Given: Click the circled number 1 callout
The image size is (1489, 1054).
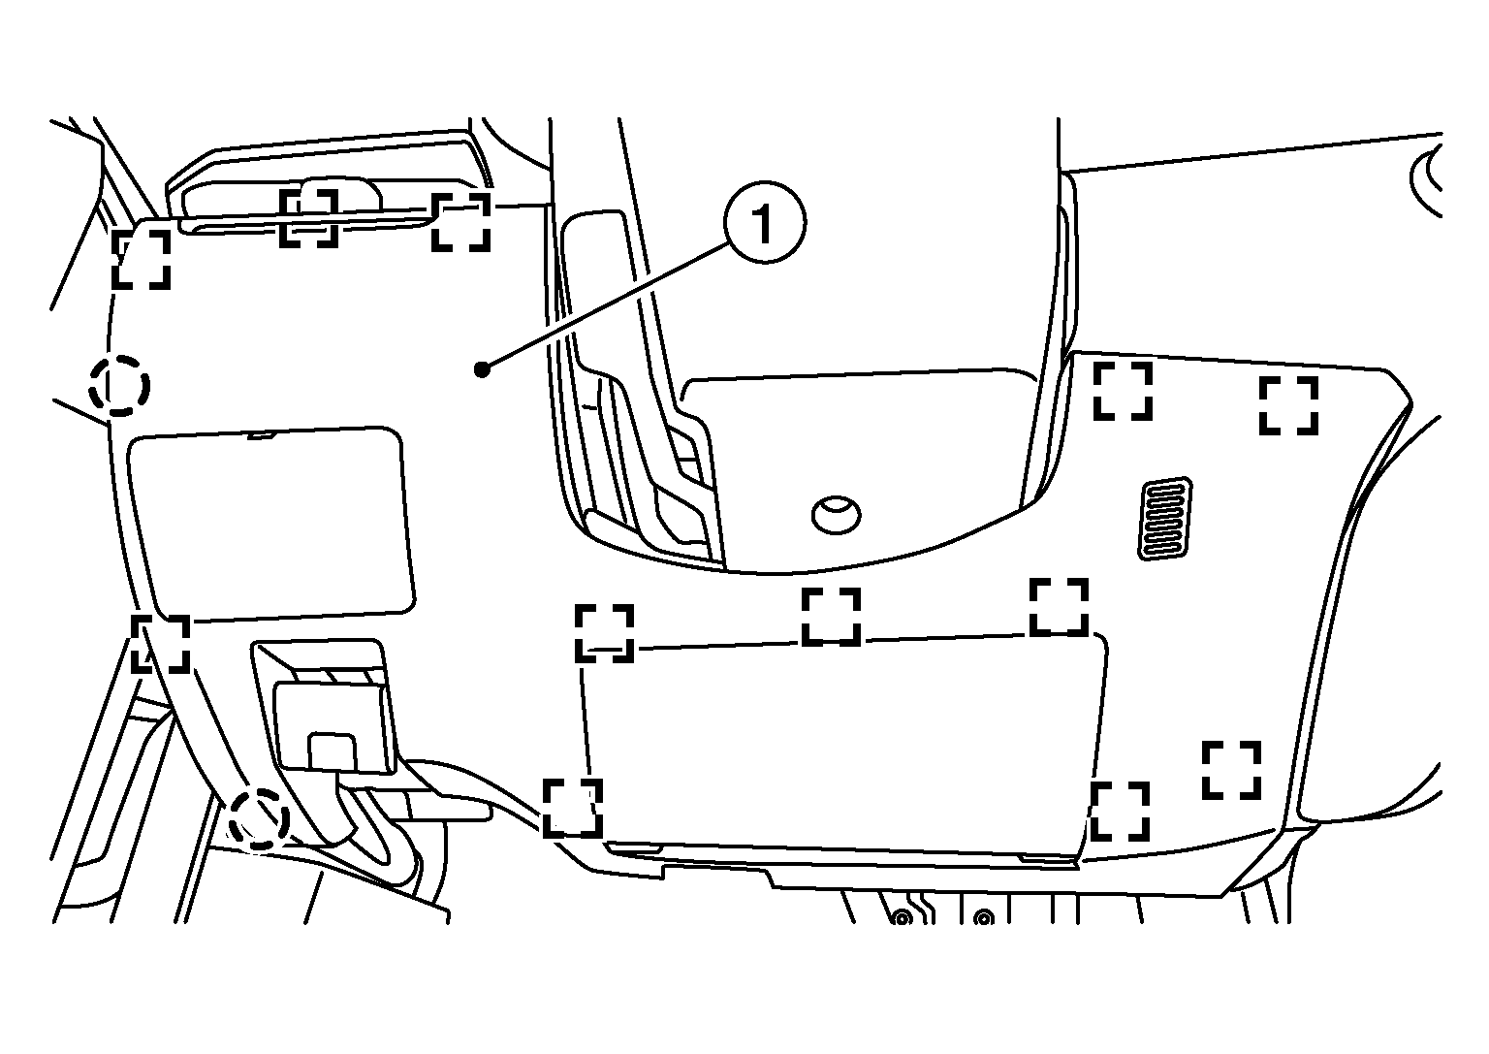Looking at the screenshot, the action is point(765,222).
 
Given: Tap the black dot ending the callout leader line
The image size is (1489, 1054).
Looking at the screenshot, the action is point(482,369).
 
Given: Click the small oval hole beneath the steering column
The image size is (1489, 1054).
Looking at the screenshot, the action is point(837,514).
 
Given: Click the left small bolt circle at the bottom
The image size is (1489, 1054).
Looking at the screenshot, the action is point(903,918).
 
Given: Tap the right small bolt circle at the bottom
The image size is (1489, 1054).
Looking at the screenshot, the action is point(984,918).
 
